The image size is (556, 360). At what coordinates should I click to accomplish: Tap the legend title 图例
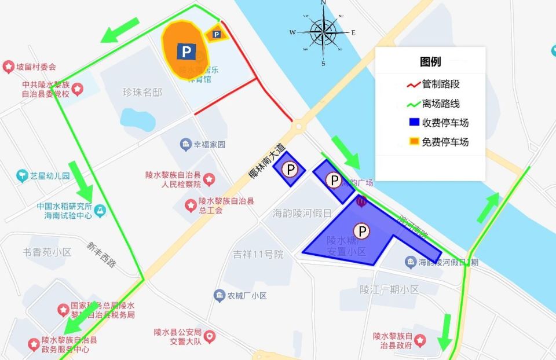click(430, 62)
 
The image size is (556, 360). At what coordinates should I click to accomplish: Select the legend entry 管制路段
click(441, 84)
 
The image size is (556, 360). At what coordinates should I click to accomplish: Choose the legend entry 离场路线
click(441, 104)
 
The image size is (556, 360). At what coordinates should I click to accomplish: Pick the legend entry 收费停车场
click(445, 123)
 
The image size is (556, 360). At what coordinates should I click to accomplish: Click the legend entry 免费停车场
click(445, 142)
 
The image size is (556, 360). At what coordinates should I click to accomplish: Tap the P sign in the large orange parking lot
click(186, 52)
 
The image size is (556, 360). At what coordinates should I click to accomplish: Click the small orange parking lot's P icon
click(217, 35)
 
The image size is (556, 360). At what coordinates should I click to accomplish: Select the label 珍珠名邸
click(142, 93)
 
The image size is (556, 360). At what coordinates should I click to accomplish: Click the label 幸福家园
click(209, 145)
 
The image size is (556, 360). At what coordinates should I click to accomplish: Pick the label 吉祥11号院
click(258, 254)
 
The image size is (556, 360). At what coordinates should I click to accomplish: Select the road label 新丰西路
click(101, 254)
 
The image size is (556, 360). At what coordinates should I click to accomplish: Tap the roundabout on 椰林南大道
click(299, 124)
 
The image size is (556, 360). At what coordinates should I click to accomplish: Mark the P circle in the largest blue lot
click(362, 232)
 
